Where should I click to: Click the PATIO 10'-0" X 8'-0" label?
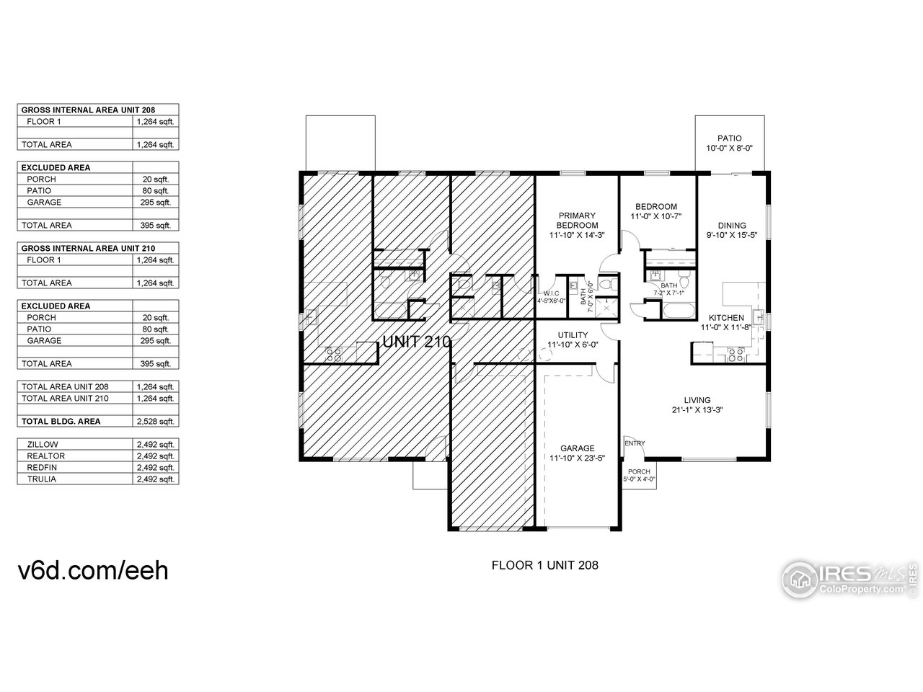click(x=729, y=143)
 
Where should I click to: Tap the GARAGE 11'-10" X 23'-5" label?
click(x=578, y=452)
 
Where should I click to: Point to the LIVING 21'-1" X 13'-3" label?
click(x=697, y=404)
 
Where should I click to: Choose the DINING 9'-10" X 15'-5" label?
click(x=732, y=230)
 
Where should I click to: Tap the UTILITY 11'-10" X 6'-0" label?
click(x=573, y=340)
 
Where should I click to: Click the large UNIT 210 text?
click(x=416, y=342)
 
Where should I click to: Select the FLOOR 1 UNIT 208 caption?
click(x=544, y=565)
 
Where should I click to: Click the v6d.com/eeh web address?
click(x=93, y=569)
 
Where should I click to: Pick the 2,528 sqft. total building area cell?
click(x=155, y=422)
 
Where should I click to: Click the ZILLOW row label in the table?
click(x=43, y=445)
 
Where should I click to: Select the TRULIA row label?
click(x=42, y=479)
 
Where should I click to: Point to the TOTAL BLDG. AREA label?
click(x=61, y=422)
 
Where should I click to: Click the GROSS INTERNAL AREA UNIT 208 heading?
click(x=89, y=110)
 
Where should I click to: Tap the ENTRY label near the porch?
click(x=635, y=443)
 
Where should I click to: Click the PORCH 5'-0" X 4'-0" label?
click(x=640, y=475)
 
